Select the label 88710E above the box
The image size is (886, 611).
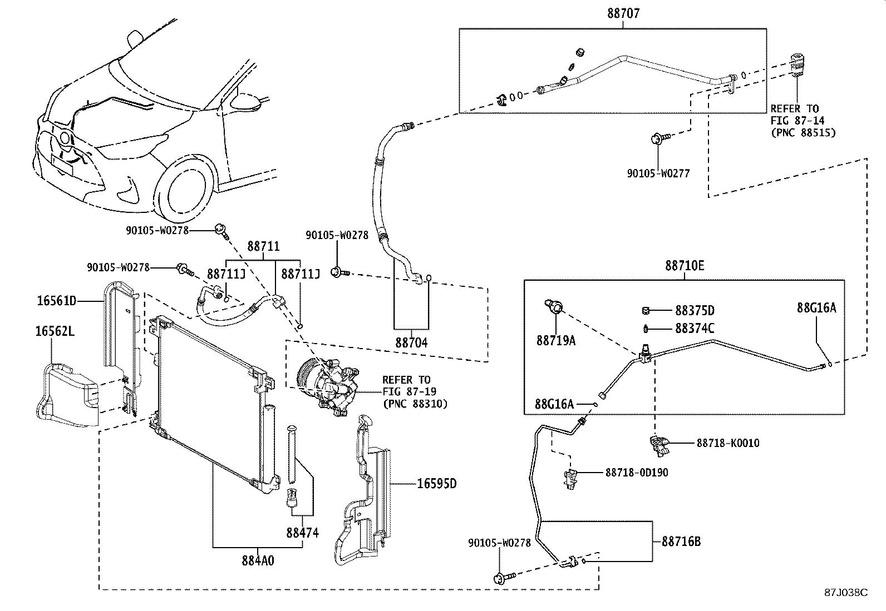click(x=684, y=266)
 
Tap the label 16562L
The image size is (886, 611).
click(x=55, y=332)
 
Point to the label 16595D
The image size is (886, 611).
click(x=437, y=484)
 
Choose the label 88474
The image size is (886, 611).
click(x=302, y=533)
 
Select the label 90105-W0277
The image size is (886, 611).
click(x=658, y=173)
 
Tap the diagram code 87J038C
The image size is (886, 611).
click(x=846, y=592)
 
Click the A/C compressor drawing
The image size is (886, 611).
click(x=326, y=384)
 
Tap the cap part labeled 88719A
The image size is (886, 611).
click(x=555, y=306)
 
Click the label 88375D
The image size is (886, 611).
click(x=695, y=310)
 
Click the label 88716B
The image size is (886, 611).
click(x=681, y=541)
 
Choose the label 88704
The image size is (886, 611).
click(x=411, y=343)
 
